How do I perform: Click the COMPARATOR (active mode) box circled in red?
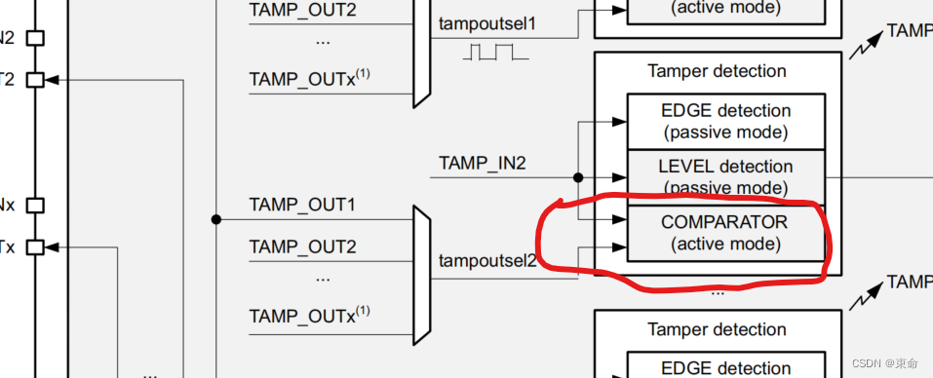[725, 233]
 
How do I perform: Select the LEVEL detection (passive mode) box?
[725, 176]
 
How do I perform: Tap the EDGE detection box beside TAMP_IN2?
[725, 121]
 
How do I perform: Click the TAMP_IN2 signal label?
[482, 163]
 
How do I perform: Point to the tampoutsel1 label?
[487, 22]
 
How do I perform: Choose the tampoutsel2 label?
[487, 260]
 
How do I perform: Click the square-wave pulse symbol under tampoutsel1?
[495, 52]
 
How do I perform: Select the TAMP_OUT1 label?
[302, 206]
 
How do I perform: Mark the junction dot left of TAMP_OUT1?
[215, 219]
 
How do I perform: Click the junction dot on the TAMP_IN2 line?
[578, 178]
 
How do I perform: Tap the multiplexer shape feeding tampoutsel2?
[422, 275]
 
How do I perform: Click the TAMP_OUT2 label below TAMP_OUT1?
[302, 246]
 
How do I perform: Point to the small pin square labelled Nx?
[35, 206]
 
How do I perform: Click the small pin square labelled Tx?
[35, 247]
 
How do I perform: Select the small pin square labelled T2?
[35, 80]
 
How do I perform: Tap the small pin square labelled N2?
[35, 38]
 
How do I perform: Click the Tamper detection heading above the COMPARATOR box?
[717, 71]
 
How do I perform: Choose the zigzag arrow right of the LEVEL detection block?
[867, 289]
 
